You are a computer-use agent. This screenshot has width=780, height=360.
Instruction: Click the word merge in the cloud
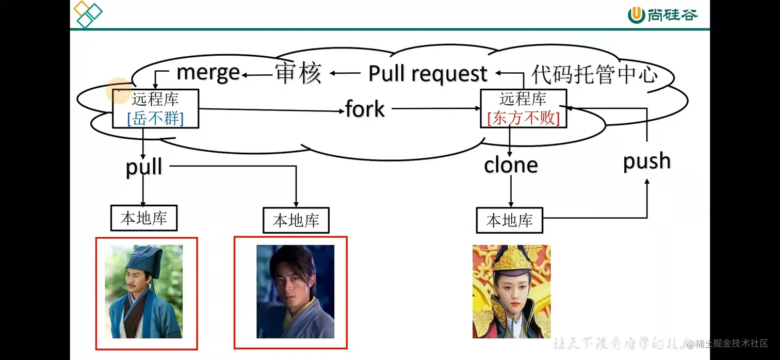coord(208,72)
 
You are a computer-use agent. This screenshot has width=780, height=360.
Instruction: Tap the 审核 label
coord(298,73)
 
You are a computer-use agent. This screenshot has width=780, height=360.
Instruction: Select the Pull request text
coord(428,74)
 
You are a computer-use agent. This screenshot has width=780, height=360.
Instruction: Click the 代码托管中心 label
coord(594,74)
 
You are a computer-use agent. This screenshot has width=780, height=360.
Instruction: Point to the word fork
coord(365,109)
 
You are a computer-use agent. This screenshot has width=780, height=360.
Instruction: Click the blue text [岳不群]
coord(155,119)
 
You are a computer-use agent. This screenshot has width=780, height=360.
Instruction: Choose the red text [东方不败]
coord(523,119)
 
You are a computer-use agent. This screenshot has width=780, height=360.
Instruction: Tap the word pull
coord(144,167)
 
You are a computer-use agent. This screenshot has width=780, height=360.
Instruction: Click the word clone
coord(511,165)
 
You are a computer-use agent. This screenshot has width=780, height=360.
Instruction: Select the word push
coord(647,161)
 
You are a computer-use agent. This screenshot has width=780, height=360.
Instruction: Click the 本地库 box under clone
coord(509,221)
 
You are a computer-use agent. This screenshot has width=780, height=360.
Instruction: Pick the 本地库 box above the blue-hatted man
coord(143,218)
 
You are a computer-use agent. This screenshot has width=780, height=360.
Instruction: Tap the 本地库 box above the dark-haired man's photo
coord(296,221)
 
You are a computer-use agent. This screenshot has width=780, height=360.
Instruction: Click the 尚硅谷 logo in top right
coord(662,14)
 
